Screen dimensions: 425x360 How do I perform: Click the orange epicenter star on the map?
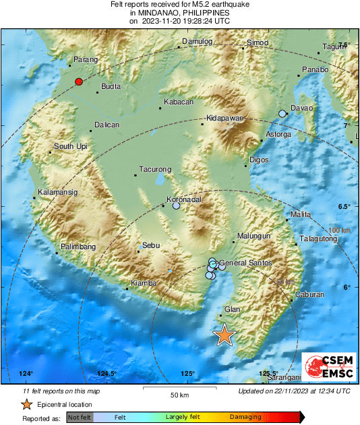(224, 335)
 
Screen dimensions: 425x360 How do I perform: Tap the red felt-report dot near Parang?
(79, 81)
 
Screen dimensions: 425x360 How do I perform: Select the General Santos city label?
(246, 263)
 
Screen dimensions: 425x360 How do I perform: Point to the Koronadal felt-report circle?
(176, 205)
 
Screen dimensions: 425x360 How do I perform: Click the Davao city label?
(302, 108)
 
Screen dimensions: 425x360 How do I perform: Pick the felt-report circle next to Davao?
(282, 114)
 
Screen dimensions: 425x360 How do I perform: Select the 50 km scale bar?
(179, 389)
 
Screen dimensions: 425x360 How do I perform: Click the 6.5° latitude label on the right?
(346, 206)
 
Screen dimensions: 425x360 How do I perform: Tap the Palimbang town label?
(79, 247)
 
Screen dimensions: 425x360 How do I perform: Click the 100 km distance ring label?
(340, 231)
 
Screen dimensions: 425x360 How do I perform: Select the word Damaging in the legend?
(244, 418)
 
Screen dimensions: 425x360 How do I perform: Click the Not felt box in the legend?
(79, 418)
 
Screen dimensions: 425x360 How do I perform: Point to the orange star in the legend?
(26, 404)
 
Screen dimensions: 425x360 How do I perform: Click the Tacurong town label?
(154, 169)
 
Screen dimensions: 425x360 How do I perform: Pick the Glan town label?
(232, 308)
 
